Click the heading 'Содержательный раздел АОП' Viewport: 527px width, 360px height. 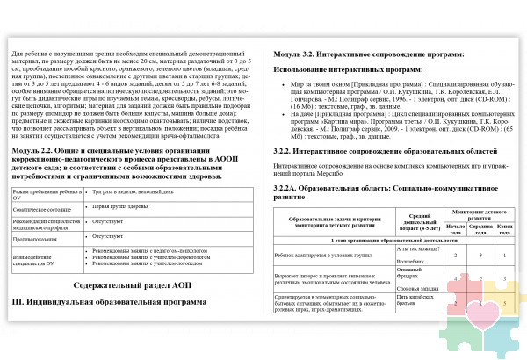tap(131, 285)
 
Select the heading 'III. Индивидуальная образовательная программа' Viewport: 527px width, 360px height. tap(110, 302)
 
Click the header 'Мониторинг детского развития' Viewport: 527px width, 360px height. tap(482, 215)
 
